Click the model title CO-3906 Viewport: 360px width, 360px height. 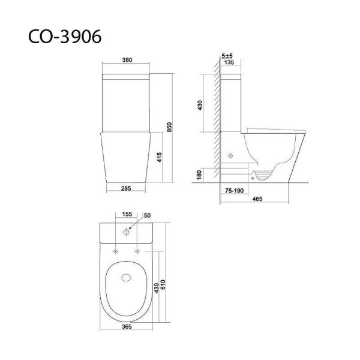65,37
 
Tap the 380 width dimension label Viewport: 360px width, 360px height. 127,60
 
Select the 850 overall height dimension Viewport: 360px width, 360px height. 169,127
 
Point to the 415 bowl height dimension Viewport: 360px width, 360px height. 160,157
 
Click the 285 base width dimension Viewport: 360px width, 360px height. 126,188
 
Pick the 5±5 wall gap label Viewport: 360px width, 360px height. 227,56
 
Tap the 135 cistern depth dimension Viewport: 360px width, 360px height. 229,62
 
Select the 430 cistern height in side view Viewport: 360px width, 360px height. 200,105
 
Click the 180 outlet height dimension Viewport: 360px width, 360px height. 199,175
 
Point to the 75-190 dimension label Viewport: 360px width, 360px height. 234,191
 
